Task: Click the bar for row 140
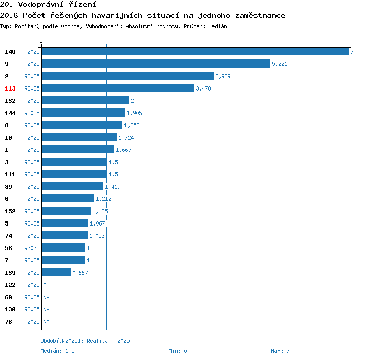(x=195, y=51)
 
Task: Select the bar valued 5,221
(x=156, y=63)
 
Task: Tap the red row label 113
(x=10, y=88)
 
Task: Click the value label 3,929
(x=223, y=76)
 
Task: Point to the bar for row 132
(x=86, y=100)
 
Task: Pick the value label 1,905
(x=134, y=113)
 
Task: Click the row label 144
(x=10, y=113)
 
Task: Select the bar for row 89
(x=73, y=186)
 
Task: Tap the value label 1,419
(x=113, y=187)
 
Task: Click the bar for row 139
(x=56, y=272)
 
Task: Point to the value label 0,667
(x=80, y=273)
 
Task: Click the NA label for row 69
(x=46, y=297)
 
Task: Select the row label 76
(x=8, y=322)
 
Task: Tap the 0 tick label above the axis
(x=41, y=41)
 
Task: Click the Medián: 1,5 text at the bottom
(x=57, y=351)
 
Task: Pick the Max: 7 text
(x=280, y=351)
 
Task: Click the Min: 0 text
(x=178, y=351)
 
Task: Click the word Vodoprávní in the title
(x=41, y=4)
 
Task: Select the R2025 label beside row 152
(x=32, y=211)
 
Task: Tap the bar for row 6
(x=68, y=198)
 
